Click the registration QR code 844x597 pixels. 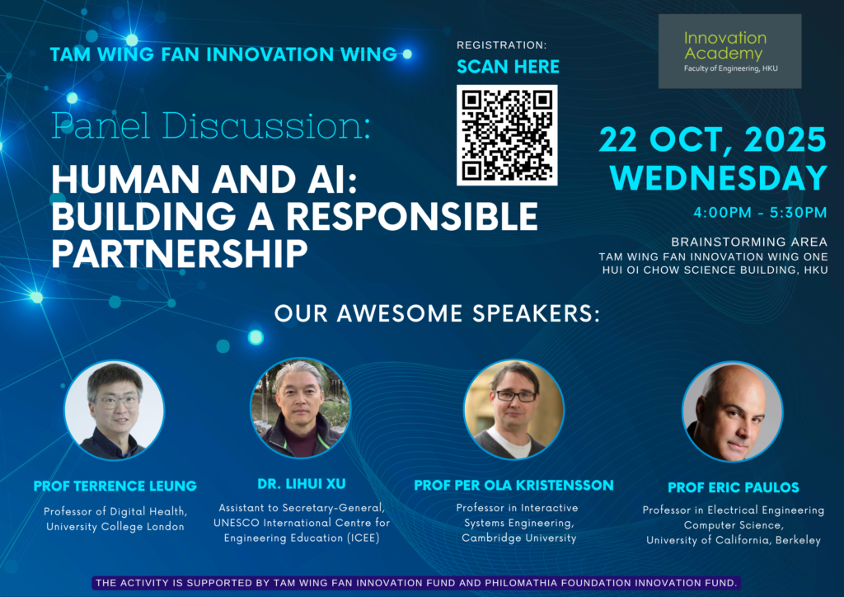pos(507,135)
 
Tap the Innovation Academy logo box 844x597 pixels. pos(729,51)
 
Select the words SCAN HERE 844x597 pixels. pos(508,67)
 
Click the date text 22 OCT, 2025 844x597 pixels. pos(712,140)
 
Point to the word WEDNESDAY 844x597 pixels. pos(719,178)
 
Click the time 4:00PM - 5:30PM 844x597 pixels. pos(760,213)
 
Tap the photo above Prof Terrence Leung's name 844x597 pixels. pos(115,410)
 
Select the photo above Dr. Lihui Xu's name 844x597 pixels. pos(300,408)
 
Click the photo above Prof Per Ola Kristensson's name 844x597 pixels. pos(513,409)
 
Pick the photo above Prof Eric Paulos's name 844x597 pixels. pos(732,411)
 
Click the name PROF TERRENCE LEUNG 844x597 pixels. pos(115,487)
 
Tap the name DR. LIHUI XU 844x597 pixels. pos(302,484)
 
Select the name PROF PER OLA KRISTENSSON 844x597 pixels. pos(513,485)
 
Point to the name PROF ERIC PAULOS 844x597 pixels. pos(733,487)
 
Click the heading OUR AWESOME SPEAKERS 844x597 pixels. pos(437,314)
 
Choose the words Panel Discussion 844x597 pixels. pos(211,125)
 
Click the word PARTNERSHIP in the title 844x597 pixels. pos(179,253)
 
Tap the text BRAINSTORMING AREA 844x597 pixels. pos(749,242)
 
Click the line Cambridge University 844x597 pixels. pos(519,538)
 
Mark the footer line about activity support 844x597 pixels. pos(416,582)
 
